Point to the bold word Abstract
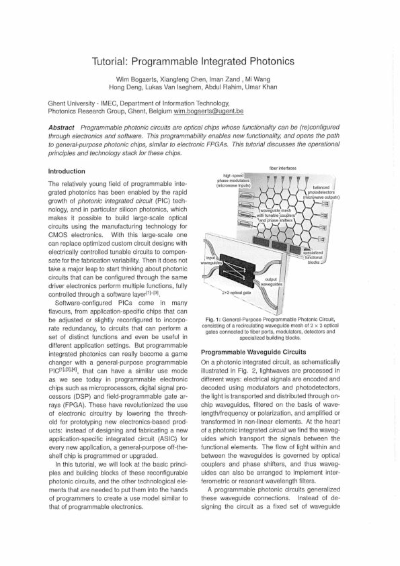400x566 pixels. coord(65,128)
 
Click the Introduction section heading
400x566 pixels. coord(67,172)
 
